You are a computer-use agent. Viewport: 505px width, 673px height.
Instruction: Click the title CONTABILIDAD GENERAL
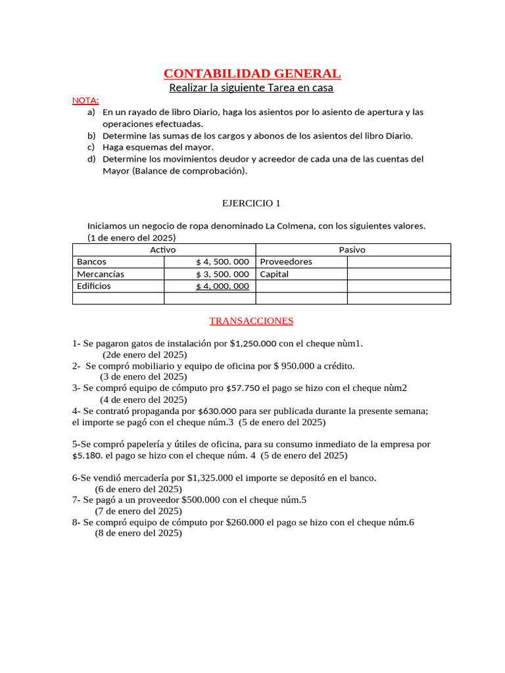point(252,73)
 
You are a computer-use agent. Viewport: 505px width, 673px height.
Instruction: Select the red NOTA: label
point(85,101)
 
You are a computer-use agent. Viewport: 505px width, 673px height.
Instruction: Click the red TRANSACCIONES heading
point(251,321)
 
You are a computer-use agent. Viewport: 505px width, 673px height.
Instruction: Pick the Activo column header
point(163,250)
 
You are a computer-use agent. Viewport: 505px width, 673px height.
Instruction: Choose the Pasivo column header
point(352,250)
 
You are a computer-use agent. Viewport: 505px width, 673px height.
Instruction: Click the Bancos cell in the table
point(91,262)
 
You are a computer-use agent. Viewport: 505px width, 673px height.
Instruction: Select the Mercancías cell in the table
point(100,274)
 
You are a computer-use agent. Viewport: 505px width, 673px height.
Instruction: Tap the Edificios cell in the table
point(94,287)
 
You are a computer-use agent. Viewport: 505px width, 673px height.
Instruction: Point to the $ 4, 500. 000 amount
point(222,262)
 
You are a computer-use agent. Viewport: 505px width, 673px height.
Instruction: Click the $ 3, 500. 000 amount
point(222,274)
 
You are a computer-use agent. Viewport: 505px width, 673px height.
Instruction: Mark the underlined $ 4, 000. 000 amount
point(222,287)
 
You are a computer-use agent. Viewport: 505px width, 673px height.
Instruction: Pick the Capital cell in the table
point(274,274)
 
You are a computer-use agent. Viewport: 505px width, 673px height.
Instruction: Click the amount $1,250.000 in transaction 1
point(257,343)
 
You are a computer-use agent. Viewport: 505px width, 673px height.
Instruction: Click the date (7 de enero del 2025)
point(138,511)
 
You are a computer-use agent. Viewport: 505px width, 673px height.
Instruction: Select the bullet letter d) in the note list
point(91,159)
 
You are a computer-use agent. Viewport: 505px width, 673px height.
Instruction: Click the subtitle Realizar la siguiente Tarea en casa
point(251,87)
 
